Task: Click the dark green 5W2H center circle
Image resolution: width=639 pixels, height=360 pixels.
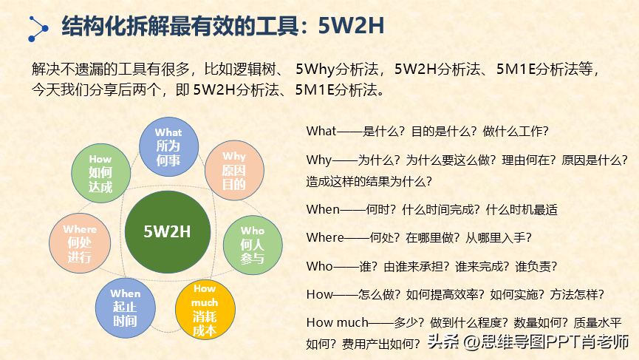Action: click(168, 231)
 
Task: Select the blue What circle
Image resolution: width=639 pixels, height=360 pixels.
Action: click(168, 147)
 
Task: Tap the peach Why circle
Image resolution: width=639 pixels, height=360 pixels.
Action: click(234, 171)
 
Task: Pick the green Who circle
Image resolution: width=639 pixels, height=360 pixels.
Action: click(253, 245)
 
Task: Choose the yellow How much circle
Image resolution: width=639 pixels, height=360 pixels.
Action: click(205, 310)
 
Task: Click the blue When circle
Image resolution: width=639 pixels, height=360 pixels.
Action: click(126, 308)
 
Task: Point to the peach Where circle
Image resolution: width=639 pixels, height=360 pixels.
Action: click(80, 243)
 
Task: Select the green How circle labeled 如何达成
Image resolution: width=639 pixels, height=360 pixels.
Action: click(101, 173)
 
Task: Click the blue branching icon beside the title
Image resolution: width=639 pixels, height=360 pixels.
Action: click(38, 29)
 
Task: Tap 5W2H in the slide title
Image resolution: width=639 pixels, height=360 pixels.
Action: click(351, 25)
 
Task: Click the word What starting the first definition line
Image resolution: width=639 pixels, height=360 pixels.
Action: click(321, 131)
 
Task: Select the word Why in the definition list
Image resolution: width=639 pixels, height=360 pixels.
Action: click(318, 160)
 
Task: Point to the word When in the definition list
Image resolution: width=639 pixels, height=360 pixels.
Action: click(323, 209)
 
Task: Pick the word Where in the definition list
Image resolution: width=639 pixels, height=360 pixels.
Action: click(325, 237)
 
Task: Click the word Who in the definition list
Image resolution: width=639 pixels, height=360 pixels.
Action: click(319, 266)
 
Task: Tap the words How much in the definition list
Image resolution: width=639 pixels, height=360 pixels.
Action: click(337, 322)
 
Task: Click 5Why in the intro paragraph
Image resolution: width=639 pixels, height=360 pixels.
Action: click(315, 69)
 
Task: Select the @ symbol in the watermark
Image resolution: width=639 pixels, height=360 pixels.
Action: click(471, 342)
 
